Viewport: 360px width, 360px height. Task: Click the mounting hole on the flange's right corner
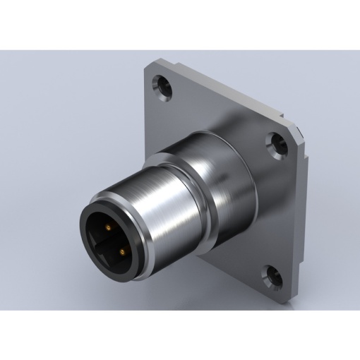click(x=273, y=144)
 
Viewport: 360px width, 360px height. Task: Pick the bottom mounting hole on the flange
click(x=269, y=271)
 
